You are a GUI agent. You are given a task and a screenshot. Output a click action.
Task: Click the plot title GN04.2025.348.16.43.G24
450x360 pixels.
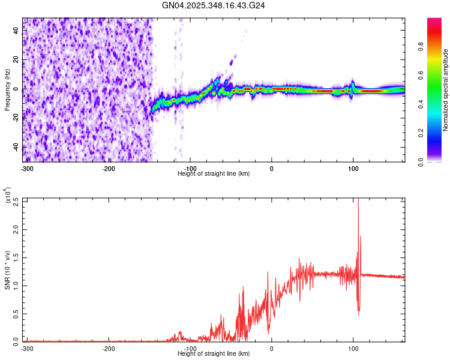point(214,5)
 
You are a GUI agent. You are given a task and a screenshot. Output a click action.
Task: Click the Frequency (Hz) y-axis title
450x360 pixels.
point(7,90)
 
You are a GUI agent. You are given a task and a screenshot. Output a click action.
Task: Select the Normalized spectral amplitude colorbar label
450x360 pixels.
point(446,90)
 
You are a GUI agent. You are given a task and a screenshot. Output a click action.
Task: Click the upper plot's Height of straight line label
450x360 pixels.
point(214,173)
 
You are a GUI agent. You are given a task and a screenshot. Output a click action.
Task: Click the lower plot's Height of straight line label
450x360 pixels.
point(214,353)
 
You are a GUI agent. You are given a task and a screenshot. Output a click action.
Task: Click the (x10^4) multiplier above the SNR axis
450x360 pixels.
point(7,195)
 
